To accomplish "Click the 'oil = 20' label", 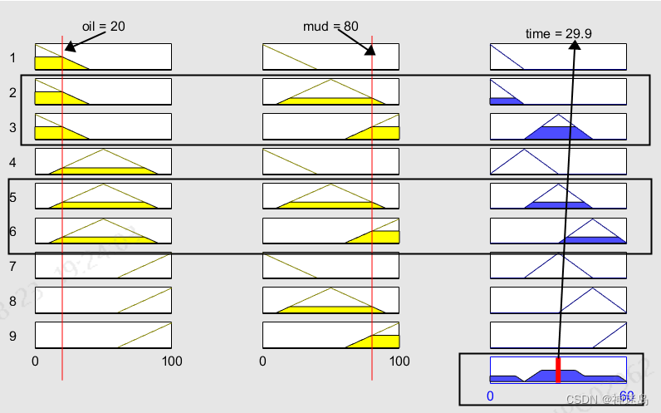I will (x=104, y=27).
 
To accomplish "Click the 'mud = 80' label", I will (x=330, y=27).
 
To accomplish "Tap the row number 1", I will (x=13, y=57).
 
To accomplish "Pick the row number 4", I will (x=13, y=162).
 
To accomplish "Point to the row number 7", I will (x=13, y=267).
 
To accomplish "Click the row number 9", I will (x=13, y=337).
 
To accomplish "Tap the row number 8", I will (x=13, y=302).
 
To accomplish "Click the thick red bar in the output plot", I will (x=559, y=371).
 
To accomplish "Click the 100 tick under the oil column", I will (x=171, y=361).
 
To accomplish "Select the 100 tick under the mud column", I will (x=399, y=361).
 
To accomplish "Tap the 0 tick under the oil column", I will (x=35, y=361).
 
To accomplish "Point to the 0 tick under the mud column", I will (x=263, y=361).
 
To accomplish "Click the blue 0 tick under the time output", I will (x=490, y=396).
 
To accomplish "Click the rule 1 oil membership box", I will (x=103, y=57).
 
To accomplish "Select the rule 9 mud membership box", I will (x=330, y=336).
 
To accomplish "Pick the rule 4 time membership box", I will (x=558, y=161).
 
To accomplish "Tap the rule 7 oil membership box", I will (x=103, y=266).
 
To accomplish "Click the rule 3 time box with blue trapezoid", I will (x=558, y=126).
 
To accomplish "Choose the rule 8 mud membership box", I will (x=330, y=301).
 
